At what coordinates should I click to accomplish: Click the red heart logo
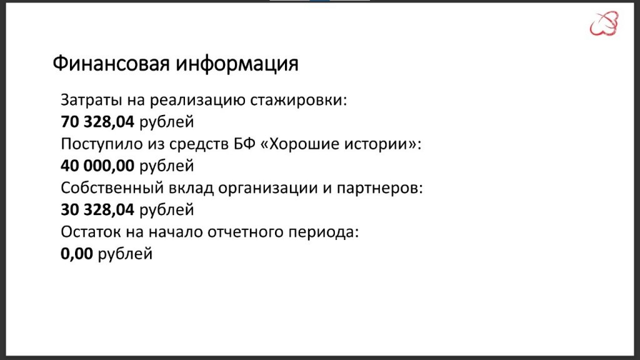click(x=604, y=23)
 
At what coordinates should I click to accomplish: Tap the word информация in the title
click(x=237, y=64)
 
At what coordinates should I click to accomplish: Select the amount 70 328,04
click(x=97, y=122)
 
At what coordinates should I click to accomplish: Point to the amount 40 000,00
click(x=97, y=166)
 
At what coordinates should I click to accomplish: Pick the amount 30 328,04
click(x=97, y=210)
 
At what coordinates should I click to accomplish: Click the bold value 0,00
click(x=77, y=254)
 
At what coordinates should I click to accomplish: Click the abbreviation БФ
click(x=244, y=144)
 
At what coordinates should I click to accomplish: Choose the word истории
click(x=379, y=144)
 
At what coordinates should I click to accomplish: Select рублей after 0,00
click(x=125, y=254)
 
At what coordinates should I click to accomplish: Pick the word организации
click(x=269, y=188)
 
